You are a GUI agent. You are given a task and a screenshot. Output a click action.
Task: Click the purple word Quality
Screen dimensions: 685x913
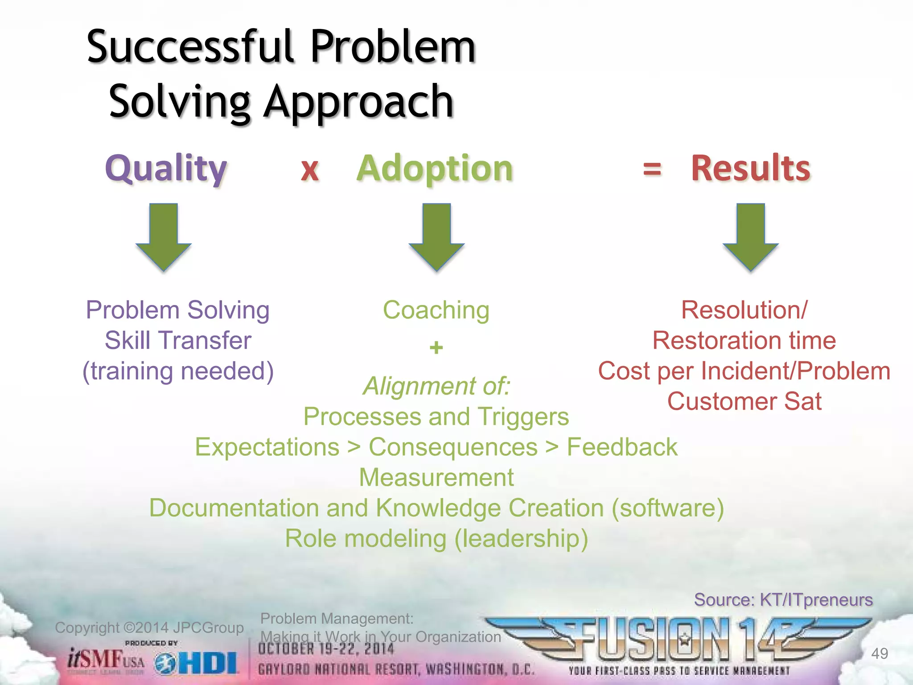tap(166, 169)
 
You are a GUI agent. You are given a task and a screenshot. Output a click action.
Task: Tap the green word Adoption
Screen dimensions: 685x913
tap(435, 169)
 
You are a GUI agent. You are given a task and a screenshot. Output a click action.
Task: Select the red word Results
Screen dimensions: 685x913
tap(750, 169)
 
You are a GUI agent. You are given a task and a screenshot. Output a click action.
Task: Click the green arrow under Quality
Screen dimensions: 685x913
tap(164, 236)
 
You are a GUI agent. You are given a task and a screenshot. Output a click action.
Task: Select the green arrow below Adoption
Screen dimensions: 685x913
tap(436, 236)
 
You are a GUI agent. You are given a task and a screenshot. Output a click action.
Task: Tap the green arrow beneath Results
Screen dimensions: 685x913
tap(750, 236)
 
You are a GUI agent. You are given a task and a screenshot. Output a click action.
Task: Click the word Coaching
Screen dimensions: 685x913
tap(436, 310)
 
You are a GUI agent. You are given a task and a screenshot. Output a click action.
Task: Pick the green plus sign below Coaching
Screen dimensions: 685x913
tap(436, 347)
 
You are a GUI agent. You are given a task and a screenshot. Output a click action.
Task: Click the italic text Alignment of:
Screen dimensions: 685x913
tap(436, 386)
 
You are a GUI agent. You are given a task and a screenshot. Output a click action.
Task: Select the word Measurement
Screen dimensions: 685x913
tap(436, 478)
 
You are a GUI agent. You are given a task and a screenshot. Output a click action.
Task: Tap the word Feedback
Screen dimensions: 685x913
tap(622, 447)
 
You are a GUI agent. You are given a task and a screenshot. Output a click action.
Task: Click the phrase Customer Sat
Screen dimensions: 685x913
tap(744, 401)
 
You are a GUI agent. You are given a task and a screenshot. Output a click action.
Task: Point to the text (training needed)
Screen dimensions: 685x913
tap(178, 371)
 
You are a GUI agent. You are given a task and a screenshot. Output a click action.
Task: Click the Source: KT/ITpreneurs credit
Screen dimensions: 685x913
tap(783, 600)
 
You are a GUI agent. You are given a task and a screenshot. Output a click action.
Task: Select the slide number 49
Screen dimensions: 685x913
tap(879, 653)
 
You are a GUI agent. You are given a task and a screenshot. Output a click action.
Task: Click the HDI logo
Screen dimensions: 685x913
tap(197, 664)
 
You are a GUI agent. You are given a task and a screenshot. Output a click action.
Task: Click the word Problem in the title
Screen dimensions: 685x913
tap(393, 47)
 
